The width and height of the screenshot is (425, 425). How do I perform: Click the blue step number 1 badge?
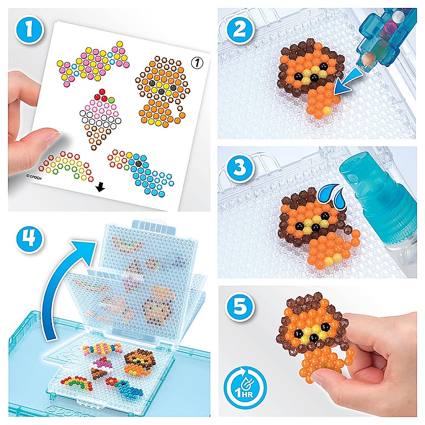pyautogui.click(x=29, y=30)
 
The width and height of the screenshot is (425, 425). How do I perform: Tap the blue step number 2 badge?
pyautogui.click(x=240, y=30)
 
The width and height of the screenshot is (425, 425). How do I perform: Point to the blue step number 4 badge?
pyautogui.click(x=30, y=239)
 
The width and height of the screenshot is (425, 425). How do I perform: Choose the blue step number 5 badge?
pyautogui.click(x=240, y=306)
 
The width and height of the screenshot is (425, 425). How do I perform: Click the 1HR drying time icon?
pyautogui.click(x=245, y=388)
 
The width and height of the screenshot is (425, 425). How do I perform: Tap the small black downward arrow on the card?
pyautogui.click(x=100, y=187)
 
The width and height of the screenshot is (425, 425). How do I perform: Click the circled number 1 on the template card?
pyautogui.click(x=197, y=63)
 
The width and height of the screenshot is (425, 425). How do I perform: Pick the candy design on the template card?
pyautogui.click(x=93, y=64)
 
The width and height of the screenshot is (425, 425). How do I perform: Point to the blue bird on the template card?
pyautogui.click(x=141, y=171)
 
